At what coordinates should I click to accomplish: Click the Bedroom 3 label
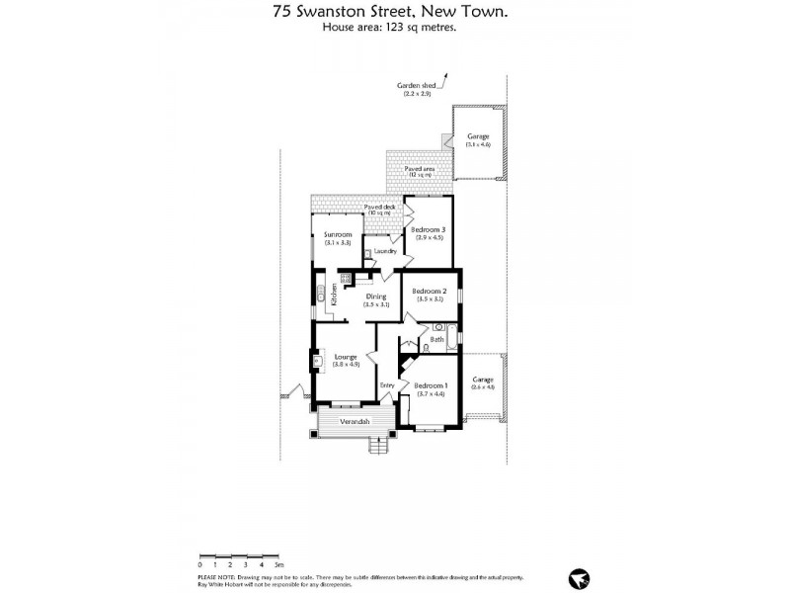(429, 229)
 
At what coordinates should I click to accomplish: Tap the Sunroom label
(338, 234)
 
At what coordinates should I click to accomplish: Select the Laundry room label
(386, 251)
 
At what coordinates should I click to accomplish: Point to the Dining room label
(376, 296)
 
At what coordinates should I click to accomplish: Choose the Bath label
(435, 340)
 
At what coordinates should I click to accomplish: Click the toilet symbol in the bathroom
(425, 347)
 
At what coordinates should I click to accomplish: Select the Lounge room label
(346, 357)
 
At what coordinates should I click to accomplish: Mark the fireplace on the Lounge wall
(317, 362)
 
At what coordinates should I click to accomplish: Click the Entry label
(388, 385)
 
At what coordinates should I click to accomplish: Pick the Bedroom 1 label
(431, 385)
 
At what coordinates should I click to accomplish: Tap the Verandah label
(355, 422)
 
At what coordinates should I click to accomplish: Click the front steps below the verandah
(380, 445)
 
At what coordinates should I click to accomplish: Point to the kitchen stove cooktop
(347, 279)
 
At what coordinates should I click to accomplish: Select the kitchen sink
(320, 293)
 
